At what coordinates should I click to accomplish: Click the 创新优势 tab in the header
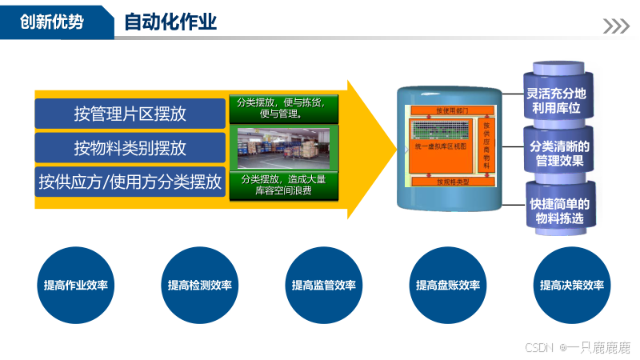(x=52, y=22)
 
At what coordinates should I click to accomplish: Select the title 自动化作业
(x=170, y=22)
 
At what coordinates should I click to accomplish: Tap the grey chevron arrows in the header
(x=615, y=26)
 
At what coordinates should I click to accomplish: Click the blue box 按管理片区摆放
(x=130, y=114)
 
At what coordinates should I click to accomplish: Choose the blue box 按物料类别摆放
(x=130, y=147)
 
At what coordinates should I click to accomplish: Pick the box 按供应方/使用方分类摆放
(x=130, y=182)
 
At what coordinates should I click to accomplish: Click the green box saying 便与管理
(x=284, y=108)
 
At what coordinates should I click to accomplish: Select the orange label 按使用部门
(x=452, y=109)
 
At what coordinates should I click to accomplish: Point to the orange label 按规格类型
(x=452, y=182)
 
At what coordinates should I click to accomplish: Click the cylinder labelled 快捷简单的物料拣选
(x=559, y=210)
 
